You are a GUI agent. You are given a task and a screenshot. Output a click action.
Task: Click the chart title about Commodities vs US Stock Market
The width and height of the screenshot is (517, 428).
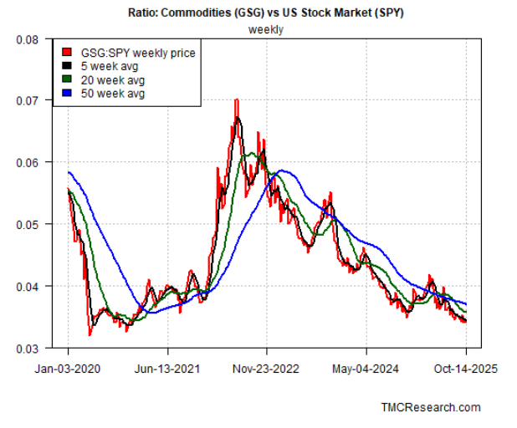266,13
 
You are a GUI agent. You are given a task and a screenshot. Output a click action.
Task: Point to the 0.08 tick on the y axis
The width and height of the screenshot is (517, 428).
28,39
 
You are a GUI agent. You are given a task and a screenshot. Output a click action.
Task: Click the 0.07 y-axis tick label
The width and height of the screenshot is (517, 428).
28,101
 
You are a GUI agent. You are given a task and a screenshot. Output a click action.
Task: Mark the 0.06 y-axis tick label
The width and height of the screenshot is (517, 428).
28,162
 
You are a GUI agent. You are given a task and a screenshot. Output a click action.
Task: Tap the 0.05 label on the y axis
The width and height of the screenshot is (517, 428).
28,224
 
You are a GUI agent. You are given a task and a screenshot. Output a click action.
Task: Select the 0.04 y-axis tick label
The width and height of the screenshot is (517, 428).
28,286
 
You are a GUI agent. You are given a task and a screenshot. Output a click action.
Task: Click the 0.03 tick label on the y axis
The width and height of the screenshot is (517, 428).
28,348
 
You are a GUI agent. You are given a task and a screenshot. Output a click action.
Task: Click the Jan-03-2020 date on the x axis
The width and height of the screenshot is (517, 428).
69,367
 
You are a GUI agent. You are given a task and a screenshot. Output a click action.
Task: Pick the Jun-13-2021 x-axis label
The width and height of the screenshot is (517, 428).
167,367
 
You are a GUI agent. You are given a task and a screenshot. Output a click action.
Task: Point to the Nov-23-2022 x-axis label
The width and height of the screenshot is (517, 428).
267,367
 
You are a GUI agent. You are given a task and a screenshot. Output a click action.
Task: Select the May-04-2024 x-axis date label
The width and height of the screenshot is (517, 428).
366,367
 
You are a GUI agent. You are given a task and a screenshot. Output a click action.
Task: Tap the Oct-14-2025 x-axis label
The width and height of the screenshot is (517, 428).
465,367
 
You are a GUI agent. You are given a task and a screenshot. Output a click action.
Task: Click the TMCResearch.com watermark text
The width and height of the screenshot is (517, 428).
431,407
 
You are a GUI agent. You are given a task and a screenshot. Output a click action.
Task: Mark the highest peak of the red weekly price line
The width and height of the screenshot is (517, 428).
236,100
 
